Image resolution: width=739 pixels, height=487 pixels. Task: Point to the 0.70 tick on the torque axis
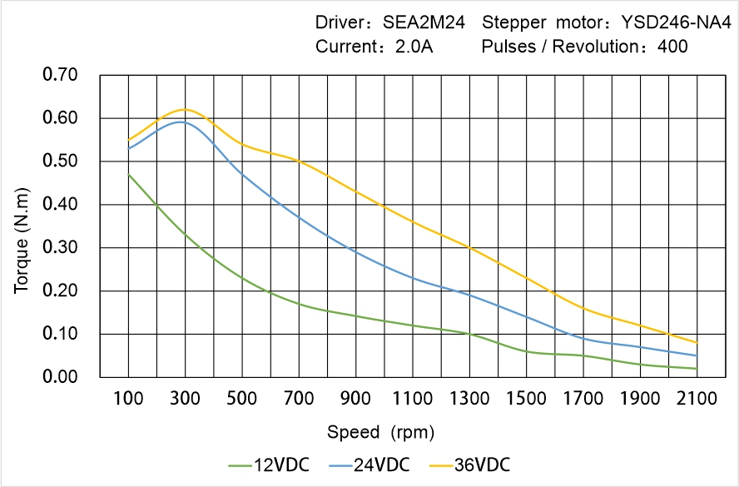coord(60,75)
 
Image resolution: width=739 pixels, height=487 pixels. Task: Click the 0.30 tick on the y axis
coord(60,248)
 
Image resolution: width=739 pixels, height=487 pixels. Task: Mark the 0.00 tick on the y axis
coord(60,377)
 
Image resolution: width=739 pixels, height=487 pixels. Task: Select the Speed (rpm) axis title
coord(380,432)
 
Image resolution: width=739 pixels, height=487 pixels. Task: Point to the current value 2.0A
coord(412,47)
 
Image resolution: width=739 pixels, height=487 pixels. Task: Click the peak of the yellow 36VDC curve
coord(185,109)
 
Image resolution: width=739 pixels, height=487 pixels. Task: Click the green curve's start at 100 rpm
coord(128,174)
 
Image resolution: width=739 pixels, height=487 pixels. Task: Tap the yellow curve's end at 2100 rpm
coord(697,343)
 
